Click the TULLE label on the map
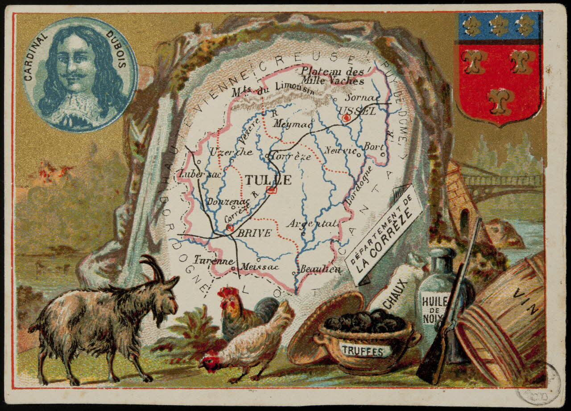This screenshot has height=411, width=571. pyautogui.click(x=268, y=180)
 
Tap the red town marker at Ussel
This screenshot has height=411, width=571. pyautogui.click(x=346, y=118)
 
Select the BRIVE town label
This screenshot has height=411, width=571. pyautogui.click(x=254, y=233)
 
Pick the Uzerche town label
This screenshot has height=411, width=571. pyautogui.click(x=231, y=152)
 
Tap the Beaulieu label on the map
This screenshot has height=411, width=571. pyautogui.click(x=320, y=269)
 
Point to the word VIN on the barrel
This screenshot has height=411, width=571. pyautogui.click(x=526, y=301)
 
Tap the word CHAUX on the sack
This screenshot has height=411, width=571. pyautogui.click(x=395, y=294)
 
